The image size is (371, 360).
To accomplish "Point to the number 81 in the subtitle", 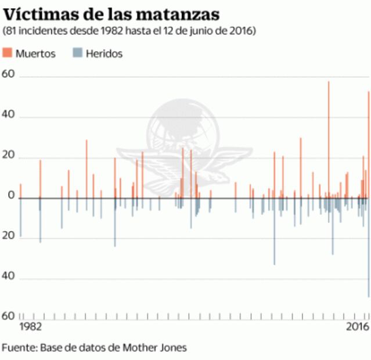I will point(13,30).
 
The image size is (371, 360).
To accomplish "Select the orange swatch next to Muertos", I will point(8,53).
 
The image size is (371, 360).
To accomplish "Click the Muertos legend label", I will point(35,53).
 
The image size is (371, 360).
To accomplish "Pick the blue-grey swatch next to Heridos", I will point(77,53).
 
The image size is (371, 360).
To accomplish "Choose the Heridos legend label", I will point(104,53).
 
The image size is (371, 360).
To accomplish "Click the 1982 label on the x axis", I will point(31,326).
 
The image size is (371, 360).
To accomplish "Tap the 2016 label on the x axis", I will point(357,326).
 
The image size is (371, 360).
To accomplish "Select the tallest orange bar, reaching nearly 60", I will point(329,139).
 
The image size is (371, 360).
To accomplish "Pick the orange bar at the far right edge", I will point(368,145).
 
